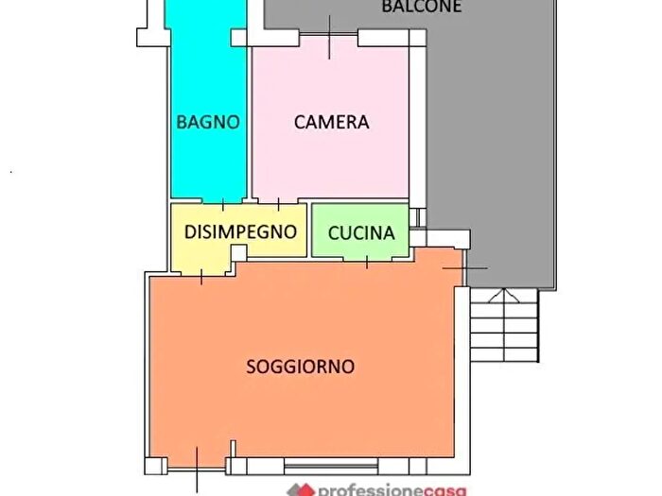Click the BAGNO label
click(x=208, y=122)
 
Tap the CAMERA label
click(x=331, y=122)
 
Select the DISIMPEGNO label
click(x=240, y=231)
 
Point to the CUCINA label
click(x=361, y=233)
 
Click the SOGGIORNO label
click(x=300, y=366)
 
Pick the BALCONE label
click(x=421, y=7)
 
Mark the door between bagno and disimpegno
click(x=222, y=203)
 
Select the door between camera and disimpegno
click(x=279, y=203)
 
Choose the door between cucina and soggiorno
click(x=367, y=258)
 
